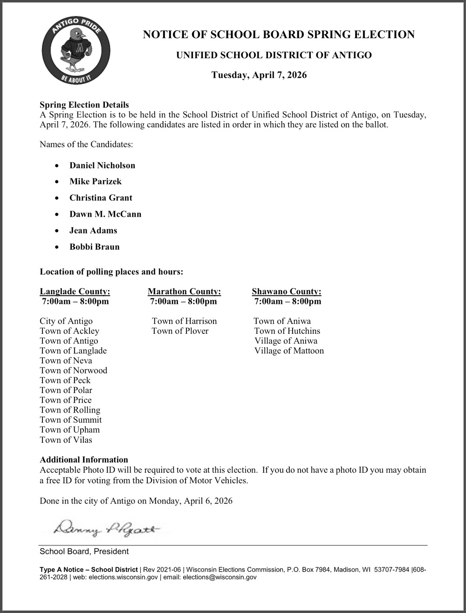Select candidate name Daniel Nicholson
click(102, 165)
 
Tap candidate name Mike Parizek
click(95, 181)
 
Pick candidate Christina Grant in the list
click(101, 198)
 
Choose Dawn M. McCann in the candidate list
click(105, 214)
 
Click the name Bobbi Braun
click(94, 247)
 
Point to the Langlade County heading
click(75, 292)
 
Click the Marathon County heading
click(184, 292)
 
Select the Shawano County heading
click(287, 292)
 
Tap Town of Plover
click(180, 331)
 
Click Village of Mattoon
click(289, 351)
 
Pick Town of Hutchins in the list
click(287, 331)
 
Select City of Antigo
click(66, 321)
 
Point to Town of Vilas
click(66, 440)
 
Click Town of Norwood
click(73, 371)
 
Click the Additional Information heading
click(84, 460)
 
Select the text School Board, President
click(84, 551)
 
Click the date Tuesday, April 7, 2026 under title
click(259, 75)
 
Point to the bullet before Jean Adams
click(57, 231)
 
